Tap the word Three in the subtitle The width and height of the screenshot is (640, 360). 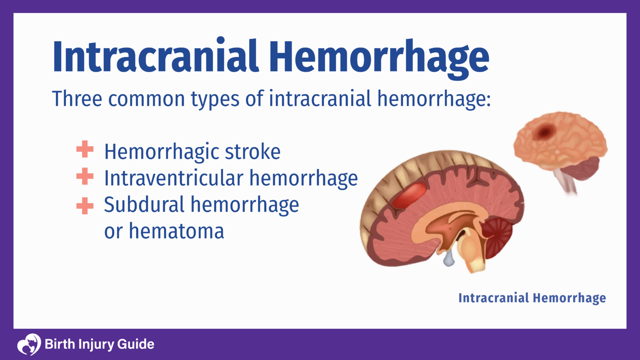click(77, 99)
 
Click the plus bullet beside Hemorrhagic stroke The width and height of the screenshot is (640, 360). click(85, 150)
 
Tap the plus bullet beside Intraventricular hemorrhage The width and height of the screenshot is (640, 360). click(85, 176)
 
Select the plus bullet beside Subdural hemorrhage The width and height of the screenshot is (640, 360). click(85, 206)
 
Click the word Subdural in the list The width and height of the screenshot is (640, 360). click(144, 205)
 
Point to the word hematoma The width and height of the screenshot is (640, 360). click(176, 231)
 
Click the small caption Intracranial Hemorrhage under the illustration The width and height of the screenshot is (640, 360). click(532, 298)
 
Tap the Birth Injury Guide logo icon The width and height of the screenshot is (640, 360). click(29, 344)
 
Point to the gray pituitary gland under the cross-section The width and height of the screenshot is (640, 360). click(448, 259)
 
